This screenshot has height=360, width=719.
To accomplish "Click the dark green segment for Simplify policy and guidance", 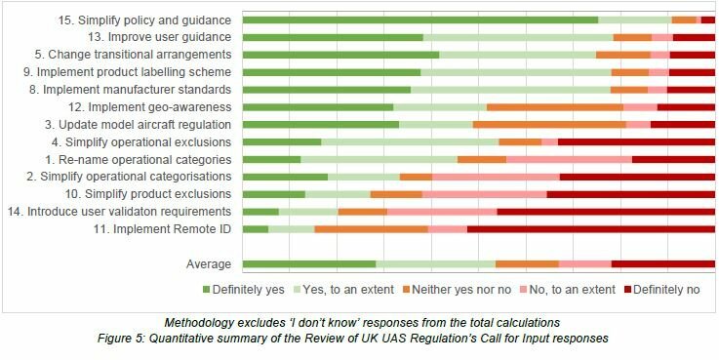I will coord(419,20).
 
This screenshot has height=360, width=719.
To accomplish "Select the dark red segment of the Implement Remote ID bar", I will coord(590,229).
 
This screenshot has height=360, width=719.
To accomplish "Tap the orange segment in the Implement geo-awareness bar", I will coord(554,107).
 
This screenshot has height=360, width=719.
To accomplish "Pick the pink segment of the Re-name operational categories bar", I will coord(569,159).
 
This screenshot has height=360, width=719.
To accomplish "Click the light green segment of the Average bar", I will coord(435,264).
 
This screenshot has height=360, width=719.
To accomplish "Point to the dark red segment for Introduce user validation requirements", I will coord(605,212).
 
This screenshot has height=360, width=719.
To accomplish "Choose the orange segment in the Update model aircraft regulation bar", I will coord(549,125).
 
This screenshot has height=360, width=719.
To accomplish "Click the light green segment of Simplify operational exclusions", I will coord(410,142).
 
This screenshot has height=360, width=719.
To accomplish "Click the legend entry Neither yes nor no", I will coord(457,290).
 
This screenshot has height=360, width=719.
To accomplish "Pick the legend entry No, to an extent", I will coord(568,290).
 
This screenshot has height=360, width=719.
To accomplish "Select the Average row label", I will coord(208,264).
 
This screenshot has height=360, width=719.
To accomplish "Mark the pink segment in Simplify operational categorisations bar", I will coord(496,177).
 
